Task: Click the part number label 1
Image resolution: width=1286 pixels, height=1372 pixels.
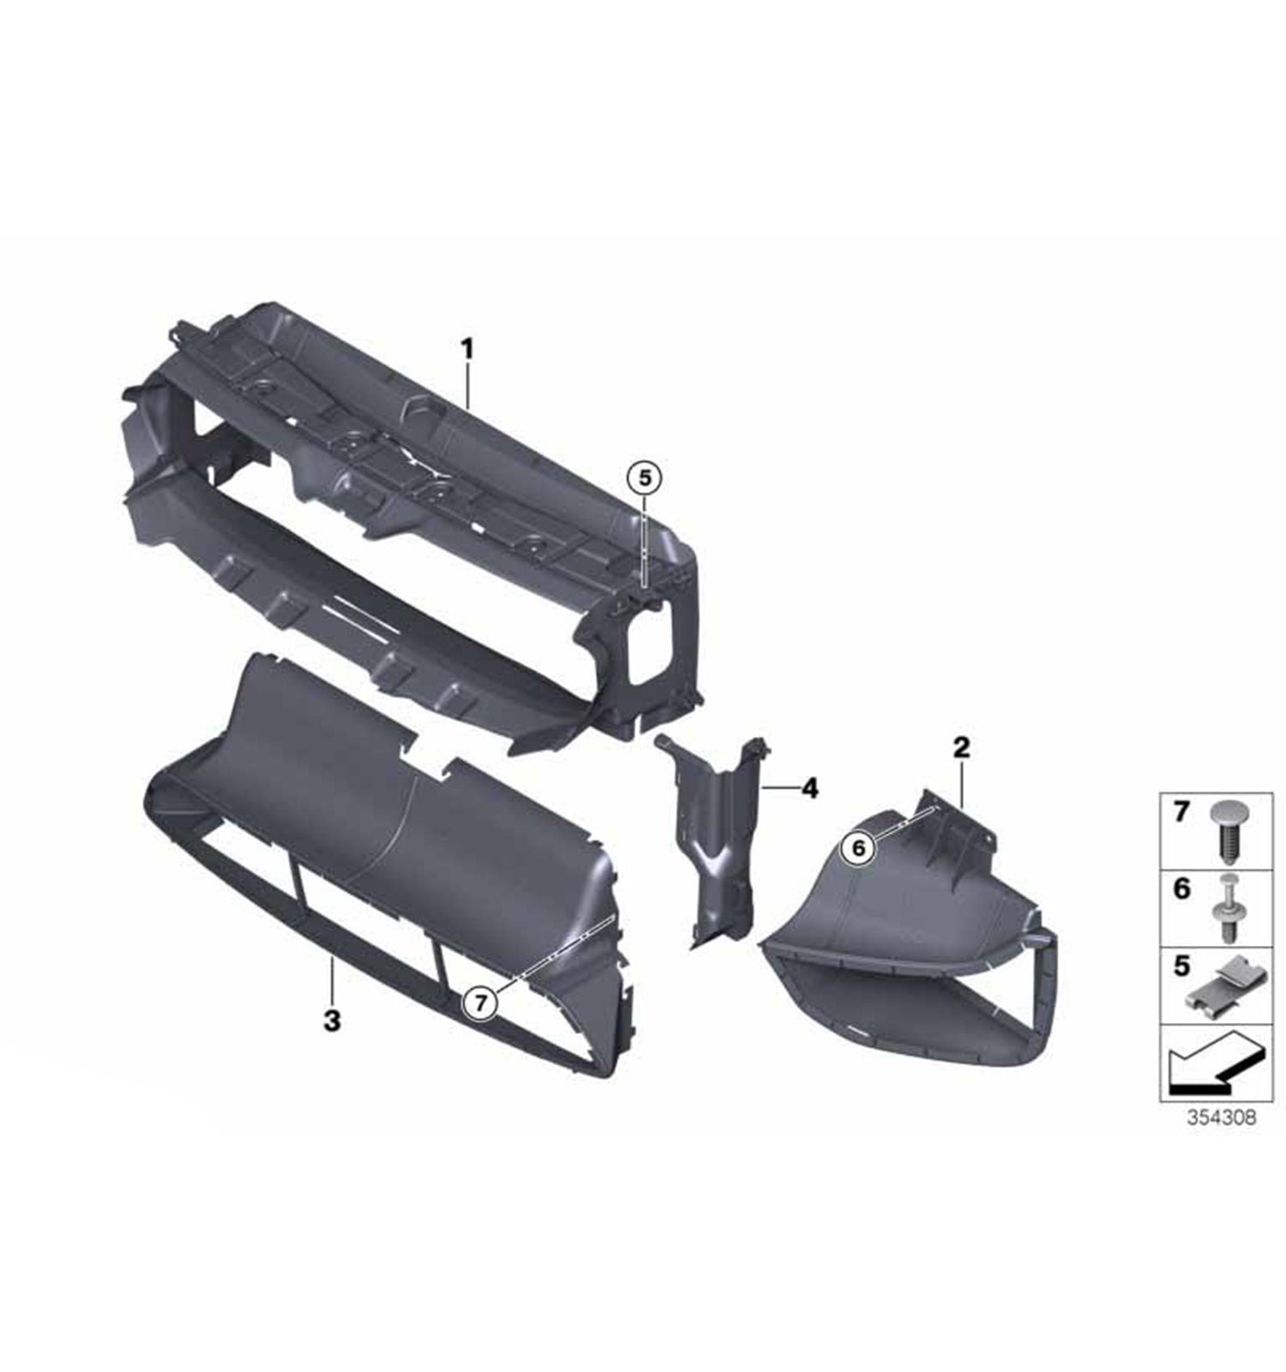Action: [x=467, y=349]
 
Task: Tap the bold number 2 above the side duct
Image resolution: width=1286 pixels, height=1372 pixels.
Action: [x=961, y=748]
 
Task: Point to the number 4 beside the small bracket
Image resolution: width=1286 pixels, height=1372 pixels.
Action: [x=809, y=787]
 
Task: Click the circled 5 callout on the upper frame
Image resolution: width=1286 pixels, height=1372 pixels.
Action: [x=645, y=477]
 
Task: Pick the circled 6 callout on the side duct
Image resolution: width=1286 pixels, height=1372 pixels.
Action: [x=859, y=848]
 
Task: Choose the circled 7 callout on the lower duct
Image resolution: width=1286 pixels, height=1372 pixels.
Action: [x=480, y=1002]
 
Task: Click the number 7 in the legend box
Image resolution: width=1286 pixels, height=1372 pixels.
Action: [x=1181, y=811]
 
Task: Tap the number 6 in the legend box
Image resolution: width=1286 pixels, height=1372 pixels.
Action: [x=1181, y=888]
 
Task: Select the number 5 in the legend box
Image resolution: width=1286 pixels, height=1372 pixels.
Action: [x=1181, y=966]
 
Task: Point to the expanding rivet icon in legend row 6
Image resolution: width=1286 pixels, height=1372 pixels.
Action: [x=1227, y=907]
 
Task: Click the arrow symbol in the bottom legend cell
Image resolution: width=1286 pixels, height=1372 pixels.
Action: [x=1213, y=1062]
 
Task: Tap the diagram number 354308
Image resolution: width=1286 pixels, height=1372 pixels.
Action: [x=1221, y=1117]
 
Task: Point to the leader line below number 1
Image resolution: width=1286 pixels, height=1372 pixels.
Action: [x=467, y=386]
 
